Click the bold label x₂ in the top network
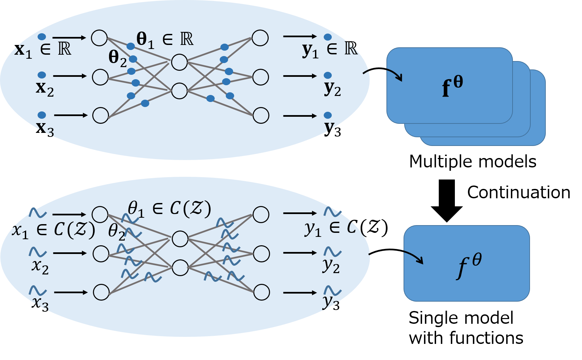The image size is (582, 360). click(x=45, y=89)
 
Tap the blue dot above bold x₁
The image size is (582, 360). click(x=42, y=37)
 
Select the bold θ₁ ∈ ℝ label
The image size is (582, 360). click(x=165, y=40)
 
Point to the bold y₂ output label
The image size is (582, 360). click(x=332, y=89)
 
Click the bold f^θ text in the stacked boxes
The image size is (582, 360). click(x=452, y=86)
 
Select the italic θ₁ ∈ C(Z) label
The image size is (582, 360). click(x=169, y=209)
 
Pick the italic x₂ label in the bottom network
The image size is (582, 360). click(x=40, y=267)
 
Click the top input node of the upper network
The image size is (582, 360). click(x=99, y=38)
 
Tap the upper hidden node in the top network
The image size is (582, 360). click(x=179, y=62)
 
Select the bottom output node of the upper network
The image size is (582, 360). click(x=261, y=115)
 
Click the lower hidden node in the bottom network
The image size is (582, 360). click(x=180, y=267)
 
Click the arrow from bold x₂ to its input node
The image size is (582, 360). click(x=70, y=76)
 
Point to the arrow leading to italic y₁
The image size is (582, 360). click(x=300, y=213)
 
